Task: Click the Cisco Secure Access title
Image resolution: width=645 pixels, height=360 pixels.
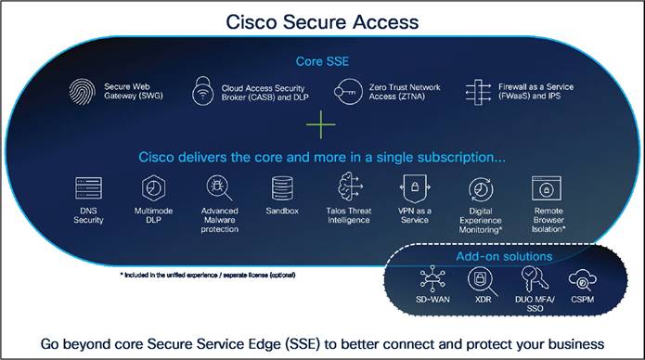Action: coord(322,20)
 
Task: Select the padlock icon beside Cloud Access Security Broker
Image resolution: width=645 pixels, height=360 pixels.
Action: coord(202,92)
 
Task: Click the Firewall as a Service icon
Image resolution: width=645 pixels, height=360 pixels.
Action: coord(477,92)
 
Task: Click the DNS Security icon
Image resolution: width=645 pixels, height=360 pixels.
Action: coord(89,188)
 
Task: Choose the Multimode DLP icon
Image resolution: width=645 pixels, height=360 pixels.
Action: coord(153,188)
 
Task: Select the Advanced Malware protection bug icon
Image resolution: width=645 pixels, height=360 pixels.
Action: coord(220,188)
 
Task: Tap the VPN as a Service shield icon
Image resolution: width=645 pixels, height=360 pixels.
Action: coord(412,187)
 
